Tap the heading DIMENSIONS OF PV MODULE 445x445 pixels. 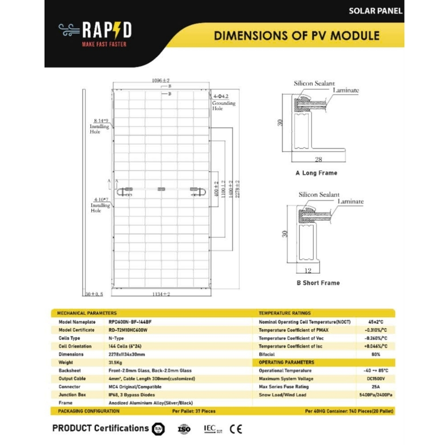(x=297, y=36)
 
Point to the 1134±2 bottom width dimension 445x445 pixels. (x=162, y=294)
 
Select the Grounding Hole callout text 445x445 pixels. (x=224, y=106)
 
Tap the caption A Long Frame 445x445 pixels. (x=316, y=173)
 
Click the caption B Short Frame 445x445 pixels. (x=318, y=283)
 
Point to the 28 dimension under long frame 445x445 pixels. (x=319, y=159)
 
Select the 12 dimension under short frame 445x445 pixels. (x=308, y=270)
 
